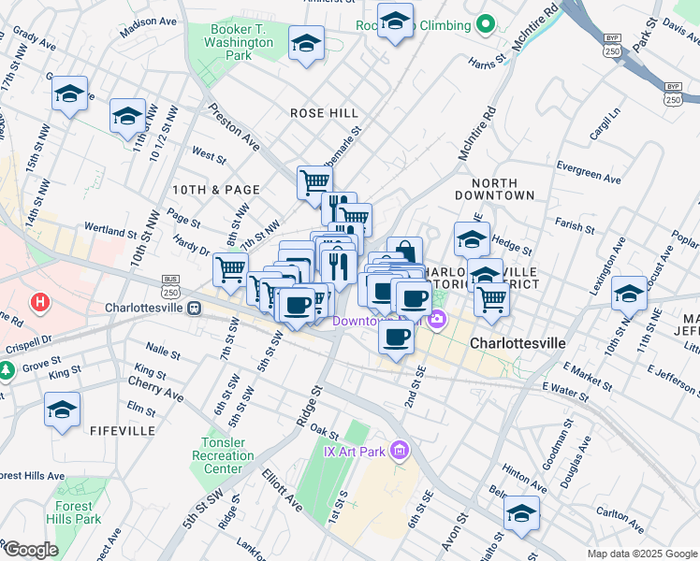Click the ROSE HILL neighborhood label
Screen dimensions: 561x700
(x=324, y=113)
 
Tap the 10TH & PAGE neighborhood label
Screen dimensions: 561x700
(x=215, y=190)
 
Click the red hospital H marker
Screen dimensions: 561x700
(x=39, y=302)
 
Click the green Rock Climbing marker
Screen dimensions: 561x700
(x=485, y=23)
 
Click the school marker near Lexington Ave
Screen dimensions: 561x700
(x=629, y=293)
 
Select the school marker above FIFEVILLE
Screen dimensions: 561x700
(x=62, y=410)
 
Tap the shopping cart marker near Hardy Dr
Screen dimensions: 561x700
(x=230, y=269)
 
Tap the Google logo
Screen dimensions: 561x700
(x=31, y=550)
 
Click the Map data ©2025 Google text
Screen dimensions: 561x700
(x=641, y=554)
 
